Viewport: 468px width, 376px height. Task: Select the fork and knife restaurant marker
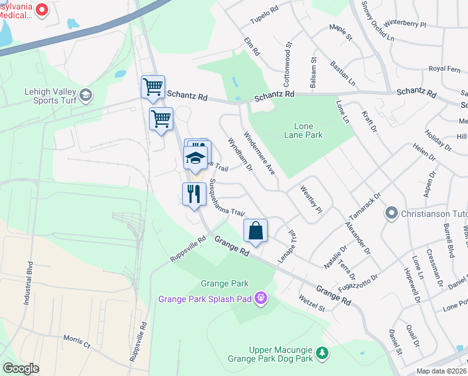[194, 194]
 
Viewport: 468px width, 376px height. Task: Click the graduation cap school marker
[195, 158]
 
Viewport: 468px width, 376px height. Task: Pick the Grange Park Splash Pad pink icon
[262, 298]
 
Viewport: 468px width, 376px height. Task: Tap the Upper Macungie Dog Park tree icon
[322, 354]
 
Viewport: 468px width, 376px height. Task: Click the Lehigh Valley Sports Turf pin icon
[86, 96]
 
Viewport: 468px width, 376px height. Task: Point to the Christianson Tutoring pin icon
[392, 214]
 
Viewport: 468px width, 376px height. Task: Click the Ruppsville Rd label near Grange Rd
[188, 249]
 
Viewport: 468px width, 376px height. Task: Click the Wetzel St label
[312, 303]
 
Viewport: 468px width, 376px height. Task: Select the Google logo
[21, 368]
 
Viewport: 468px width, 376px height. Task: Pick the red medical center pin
[42, 9]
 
